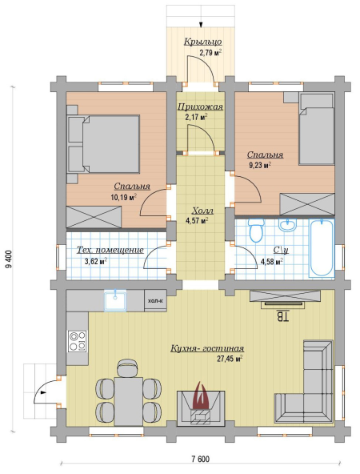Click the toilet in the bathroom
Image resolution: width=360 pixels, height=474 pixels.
pyautogui.click(x=257, y=231)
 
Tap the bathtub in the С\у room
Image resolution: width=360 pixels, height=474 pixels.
pyautogui.click(x=322, y=248)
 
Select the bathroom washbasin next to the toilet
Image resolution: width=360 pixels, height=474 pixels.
pyautogui.click(x=288, y=225)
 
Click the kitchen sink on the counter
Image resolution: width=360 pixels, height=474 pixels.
pyautogui.click(x=115, y=300)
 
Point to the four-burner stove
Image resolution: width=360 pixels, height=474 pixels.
pyautogui.click(x=78, y=341)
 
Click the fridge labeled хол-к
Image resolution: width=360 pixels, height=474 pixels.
pyautogui.click(x=155, y=300)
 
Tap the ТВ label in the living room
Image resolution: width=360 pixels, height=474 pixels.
pyautogui.click(x=282, y=316)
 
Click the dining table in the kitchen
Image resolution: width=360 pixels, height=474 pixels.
pyautogui.click(x=128, y=401)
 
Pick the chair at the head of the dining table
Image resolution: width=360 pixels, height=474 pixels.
pyautogui.click(x=128, y=368)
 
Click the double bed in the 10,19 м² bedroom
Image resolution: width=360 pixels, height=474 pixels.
pyautogui.click(x=103, y=143)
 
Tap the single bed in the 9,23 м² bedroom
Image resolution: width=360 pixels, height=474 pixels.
pyautogui.click(x=317, y=129)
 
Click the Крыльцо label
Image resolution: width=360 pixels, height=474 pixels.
pyautogui.click(x=203, y=42)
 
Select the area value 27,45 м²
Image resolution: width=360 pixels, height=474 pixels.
pyautogui.click(x=230, y=359)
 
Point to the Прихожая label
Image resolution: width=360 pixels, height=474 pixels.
pyautogui.click(x=200, y=106)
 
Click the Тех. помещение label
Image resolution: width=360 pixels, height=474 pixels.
pyautogui.click(x=110, y=251)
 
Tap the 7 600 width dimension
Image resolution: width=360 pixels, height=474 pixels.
pyautogui.click(x=200, y=460)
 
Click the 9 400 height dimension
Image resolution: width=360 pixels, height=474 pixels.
pyautogui.click(x=9, y=259)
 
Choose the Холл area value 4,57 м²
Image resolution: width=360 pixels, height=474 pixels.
pyautogui.click(x=197, y=220)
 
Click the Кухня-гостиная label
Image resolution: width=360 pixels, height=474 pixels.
pyautogui.click(x=207, y=349)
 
